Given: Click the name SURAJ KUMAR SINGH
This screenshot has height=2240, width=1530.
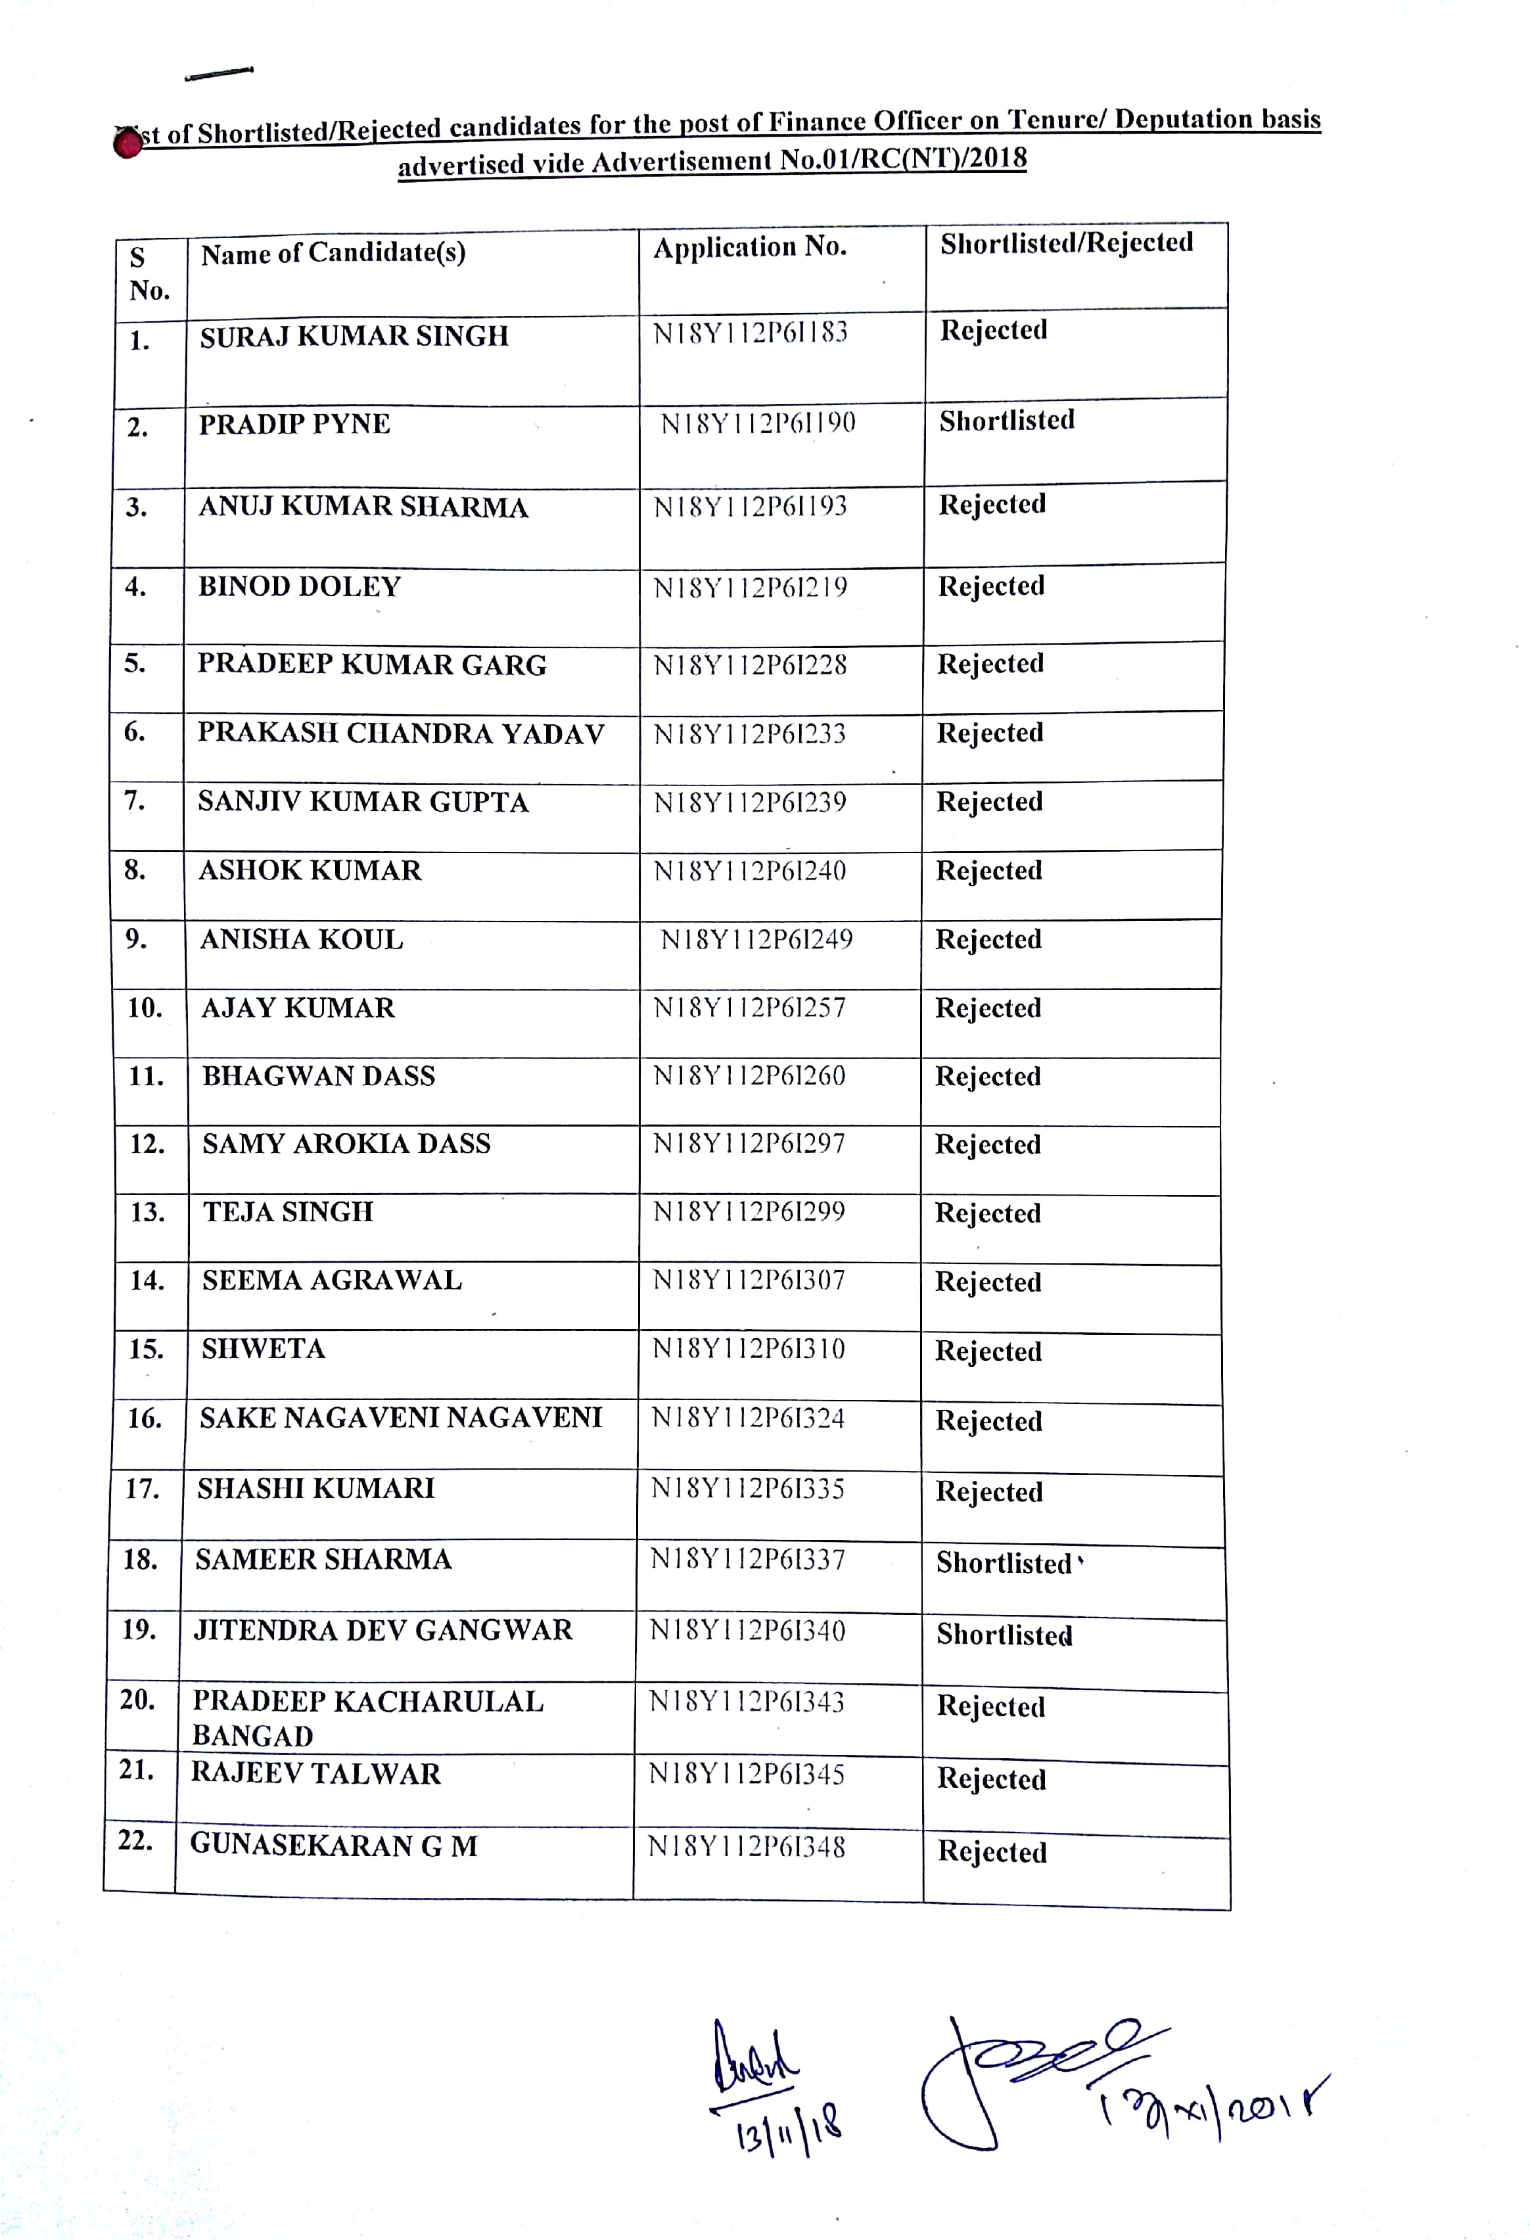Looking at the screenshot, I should click(x=354, y=337).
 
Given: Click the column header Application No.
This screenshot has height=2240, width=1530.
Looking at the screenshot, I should click(x=750, y=248).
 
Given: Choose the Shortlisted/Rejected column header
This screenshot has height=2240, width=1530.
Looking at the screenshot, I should click(x=1067, y=243).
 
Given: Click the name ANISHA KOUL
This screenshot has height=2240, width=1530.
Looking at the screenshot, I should click(x=302, y=940).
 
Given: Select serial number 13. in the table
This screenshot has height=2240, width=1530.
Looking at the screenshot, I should click(x=147, y=1213).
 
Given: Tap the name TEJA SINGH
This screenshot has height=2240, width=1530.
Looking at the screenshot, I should click(x=287, y=1213).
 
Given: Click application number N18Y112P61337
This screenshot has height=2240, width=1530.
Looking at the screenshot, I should click(x=748, y=1560).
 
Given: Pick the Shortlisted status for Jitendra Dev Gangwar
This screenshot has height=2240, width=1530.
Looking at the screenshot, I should click(x=1004, y=1636).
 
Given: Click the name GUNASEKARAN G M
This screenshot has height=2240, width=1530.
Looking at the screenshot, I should click(x=333, y=1846).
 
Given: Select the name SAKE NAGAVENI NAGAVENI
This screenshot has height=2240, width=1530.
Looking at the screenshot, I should click(x=401, y=1418).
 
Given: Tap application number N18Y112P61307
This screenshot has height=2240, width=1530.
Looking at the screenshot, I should click(x=749, y=1281).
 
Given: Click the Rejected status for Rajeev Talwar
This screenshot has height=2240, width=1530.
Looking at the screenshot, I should click(x=992, y=1779).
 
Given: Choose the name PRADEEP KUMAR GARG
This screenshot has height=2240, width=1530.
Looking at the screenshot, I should click(x=372, y=665).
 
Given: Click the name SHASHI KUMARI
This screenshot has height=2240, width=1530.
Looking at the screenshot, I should click(x=316, y=1489).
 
